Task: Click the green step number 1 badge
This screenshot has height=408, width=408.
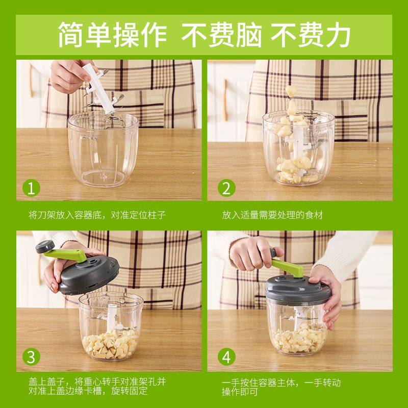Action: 32,189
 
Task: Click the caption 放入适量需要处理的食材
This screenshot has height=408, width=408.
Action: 273,215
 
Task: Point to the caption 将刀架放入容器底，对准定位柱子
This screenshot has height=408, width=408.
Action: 97,215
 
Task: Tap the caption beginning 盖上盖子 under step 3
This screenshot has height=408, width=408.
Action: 97,387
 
